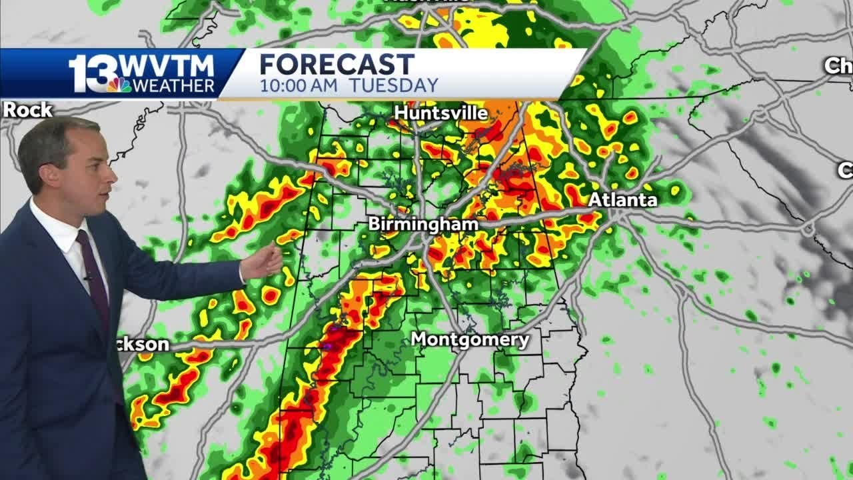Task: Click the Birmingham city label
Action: click(x=423, y=225)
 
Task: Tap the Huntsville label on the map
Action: click(x=440, y=113)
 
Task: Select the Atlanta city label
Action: click(x=622, y=200)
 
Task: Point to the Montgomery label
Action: click(x=470, y=340)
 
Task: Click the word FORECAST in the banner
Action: click(x=337, y=65)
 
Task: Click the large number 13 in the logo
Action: click(x=93, y=73)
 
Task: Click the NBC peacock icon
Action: click(x=119, y=85)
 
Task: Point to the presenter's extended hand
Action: click(x=263, y=261)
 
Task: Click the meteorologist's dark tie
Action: click(x=93, y=273)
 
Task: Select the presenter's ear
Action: click(x=48, y=175)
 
